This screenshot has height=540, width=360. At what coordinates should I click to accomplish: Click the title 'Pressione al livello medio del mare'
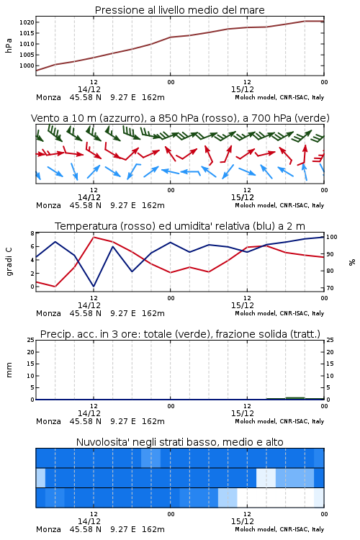(x=179, y=10)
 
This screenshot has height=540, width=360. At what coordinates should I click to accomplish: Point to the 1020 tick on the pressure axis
(x=27, y=22)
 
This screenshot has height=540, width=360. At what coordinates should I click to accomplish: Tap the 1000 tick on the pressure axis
(x=27, y=66)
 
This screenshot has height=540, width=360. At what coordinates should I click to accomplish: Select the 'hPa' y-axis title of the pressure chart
(x=9, y=45)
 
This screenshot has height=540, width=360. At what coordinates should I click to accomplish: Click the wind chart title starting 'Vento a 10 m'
(x=180, y=118)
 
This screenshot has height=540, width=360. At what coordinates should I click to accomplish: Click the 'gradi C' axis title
(x=9, y=262)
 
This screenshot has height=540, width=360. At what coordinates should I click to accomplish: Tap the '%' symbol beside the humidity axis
(x=352, y=262)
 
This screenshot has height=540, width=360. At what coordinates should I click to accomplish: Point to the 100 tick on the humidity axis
(x=332, y=237)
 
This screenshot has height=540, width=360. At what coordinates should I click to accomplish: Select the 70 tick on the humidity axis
(x=330, y=288)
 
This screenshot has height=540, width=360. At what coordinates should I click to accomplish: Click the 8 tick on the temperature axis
(x=32, y=233)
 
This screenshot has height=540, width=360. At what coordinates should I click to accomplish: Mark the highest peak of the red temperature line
(x=94, y=237)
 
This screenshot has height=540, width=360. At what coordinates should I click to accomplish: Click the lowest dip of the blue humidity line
(x=94, y=286)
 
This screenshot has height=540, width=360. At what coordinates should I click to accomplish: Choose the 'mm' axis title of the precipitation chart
(x=9, y=370)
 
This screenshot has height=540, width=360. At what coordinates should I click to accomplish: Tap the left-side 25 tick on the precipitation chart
(x=31, y=341)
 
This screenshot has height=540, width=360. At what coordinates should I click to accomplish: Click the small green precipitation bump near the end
(x=295, y=398)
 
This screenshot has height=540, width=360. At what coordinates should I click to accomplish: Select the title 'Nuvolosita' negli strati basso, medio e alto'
(x=179, y=442)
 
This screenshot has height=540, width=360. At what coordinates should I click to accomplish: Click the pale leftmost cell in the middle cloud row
(x=40, y=477)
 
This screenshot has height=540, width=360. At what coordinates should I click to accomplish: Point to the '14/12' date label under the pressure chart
(x=89, y=89)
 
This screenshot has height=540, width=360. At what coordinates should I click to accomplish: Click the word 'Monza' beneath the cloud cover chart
(x=48, y=529)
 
